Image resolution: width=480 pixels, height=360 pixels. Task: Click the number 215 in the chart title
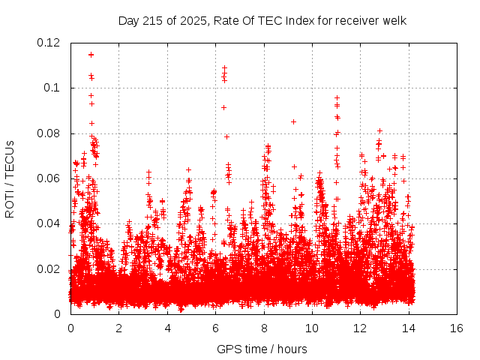[x=152, y=20]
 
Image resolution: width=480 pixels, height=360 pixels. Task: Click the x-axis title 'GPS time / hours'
[x=262, y=349]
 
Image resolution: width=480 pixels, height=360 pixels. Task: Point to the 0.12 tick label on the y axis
[x=49, y=43]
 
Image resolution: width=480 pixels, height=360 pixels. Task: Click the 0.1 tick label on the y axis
[x=54, y=88]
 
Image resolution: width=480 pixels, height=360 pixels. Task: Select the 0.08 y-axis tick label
[x=49, y=133]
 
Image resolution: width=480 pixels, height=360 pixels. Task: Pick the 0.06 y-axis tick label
[x=49, y=178]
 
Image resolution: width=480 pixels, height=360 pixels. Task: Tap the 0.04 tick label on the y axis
[x=49, y=223]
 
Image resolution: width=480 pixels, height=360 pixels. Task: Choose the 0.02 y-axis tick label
[x=49, y=269]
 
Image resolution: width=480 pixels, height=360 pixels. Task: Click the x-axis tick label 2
[x=118, y=328]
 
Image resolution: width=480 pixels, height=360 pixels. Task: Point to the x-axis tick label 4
[x=167, y=328]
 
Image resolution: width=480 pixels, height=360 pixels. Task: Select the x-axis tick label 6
[x=215, y=328]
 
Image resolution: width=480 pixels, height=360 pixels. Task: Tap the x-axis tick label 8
[x=264, y=328]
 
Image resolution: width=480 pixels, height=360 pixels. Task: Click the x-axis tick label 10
[x=312, y=328]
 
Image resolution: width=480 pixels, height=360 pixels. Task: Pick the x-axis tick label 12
[x=360, y=328]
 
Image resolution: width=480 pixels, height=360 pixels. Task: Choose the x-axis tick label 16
[x=457, y=328]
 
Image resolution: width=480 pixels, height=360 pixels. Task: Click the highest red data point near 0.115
[x=91, y=54]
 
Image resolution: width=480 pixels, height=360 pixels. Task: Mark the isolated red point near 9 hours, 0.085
[x=293, y=121]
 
